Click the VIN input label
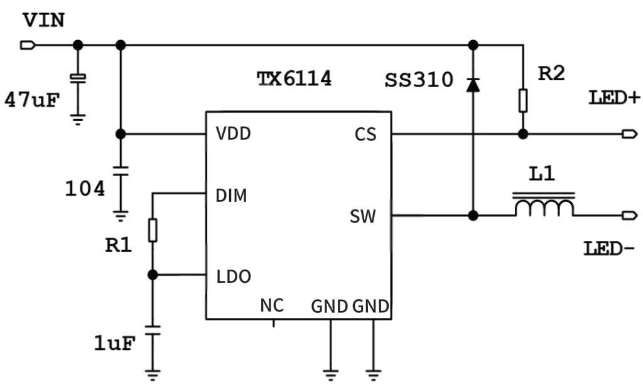[43, 20]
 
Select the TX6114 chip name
[294, 79]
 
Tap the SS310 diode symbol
[473, 85]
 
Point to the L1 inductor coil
[544, 207]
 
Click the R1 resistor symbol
[152, 230]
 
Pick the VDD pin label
[233, 134]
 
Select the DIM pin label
[231, 196]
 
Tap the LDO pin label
[233, 276]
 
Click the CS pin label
[365, 134]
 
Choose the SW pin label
[363, 216]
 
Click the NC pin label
[273, 305]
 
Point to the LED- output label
[609, 249]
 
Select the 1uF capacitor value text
[114, 343]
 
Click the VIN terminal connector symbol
[28, 45]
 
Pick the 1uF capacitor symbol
[152, 330]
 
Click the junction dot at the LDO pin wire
[152, 275]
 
